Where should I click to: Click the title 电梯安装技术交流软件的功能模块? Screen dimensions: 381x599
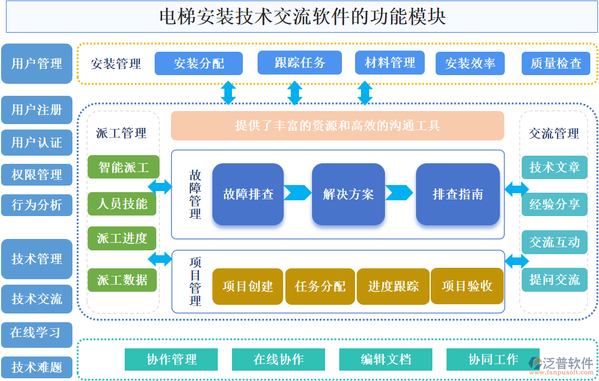click(x=302, y=17)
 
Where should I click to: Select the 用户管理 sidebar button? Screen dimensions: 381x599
click(x=36, y=64)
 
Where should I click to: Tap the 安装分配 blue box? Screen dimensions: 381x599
click(x=199, y=64)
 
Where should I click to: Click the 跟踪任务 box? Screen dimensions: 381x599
click(x=299, y=63)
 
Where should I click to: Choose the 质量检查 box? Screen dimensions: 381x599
click(x=556, y=64)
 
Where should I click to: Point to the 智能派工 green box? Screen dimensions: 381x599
click(x=123, y=167)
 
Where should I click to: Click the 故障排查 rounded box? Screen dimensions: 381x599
click(x=248, y=194)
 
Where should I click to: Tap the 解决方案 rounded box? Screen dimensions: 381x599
click(x=348, y=194)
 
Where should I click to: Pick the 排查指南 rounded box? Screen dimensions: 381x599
click(x=457, y=194)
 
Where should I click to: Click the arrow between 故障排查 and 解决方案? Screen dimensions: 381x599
click(x=297, y=193)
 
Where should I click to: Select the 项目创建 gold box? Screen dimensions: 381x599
click(x=248, y=286)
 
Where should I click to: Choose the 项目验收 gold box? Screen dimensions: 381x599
click(x=467, y=286)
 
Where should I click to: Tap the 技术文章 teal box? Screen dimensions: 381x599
click(x=554, y=168)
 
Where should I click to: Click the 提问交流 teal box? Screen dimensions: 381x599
click(x=554, y=280)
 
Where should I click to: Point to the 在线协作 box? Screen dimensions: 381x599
click(x=278, y=360)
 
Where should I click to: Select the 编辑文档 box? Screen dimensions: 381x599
click(x=386, y=360)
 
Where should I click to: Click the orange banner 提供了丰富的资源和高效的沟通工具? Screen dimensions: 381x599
click(x=338, y=126)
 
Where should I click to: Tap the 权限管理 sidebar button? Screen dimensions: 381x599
click(x=36, y=175)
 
